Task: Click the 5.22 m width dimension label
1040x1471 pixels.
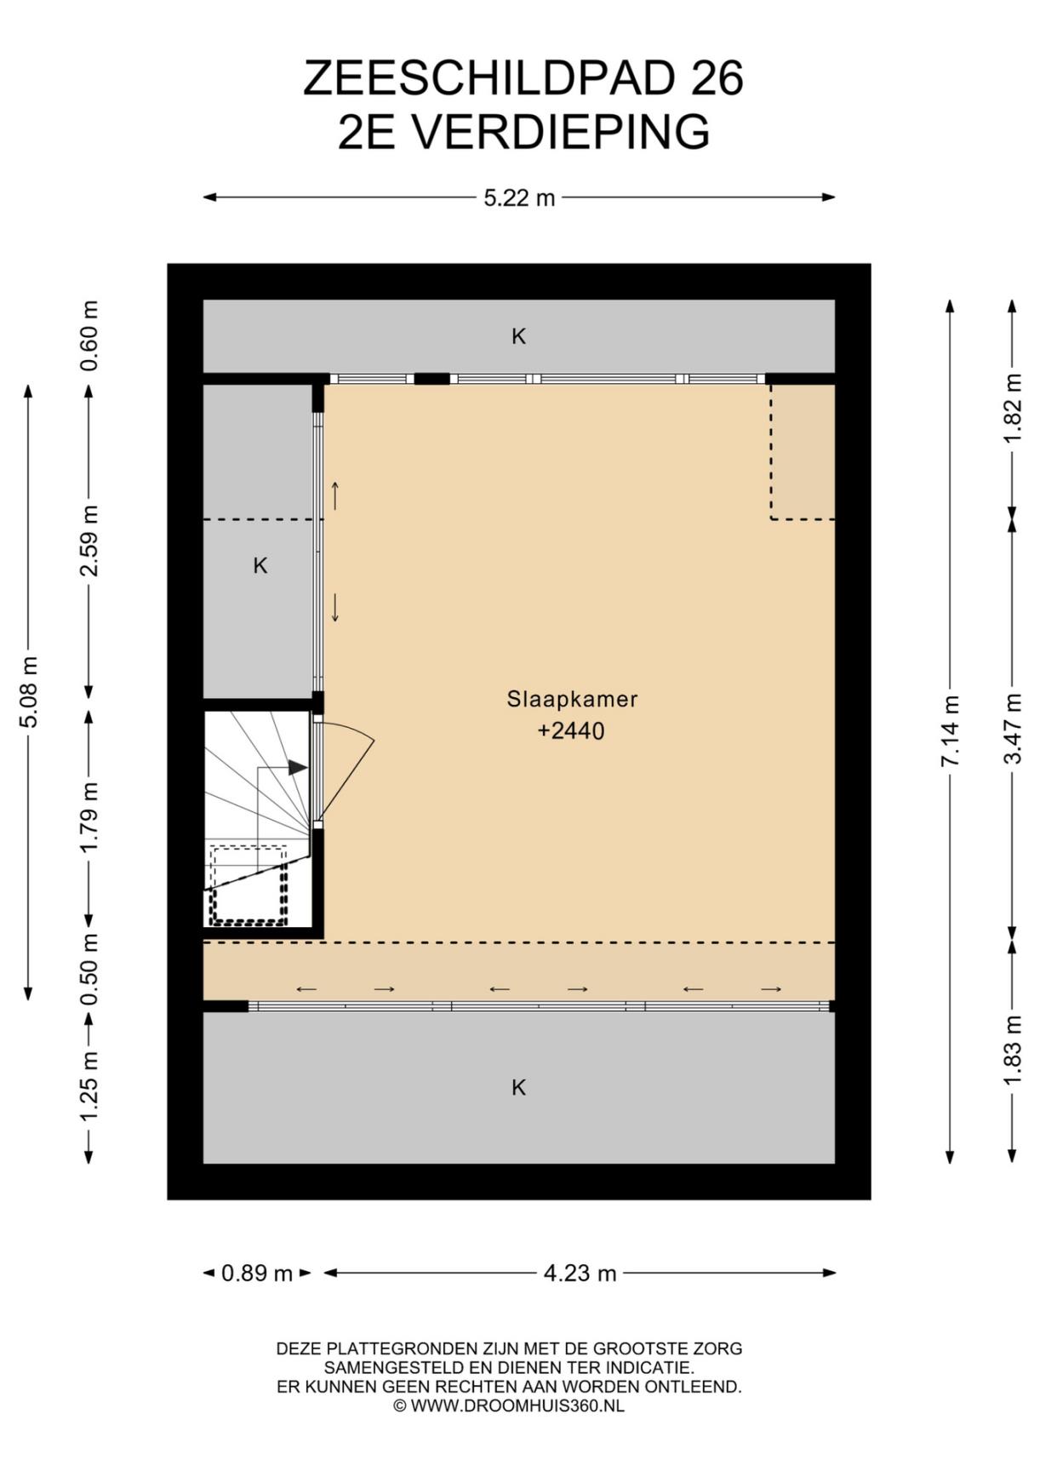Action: click(x=519, y=198)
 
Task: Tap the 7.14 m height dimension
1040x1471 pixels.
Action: click(x=950, y=731)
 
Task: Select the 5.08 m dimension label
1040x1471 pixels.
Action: click(x=28, y=692)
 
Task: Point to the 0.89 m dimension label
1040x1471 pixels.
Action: click(x=257, y=1274)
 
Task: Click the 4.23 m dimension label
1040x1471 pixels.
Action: click(x=580, y=1274)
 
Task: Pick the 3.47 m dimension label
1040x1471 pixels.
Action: click(x=1012, y=729)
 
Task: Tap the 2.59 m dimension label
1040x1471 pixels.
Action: click(x=89, y=541)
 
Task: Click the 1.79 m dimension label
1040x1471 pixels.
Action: click(x=89, y=816)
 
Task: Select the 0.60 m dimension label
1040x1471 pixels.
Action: click(x=89, y=335)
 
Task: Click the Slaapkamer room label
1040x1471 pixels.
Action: click(x=572, y=700)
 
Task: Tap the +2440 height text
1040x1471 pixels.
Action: click(x=571, y=731)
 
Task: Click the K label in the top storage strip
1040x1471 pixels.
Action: click(x=518, y=336)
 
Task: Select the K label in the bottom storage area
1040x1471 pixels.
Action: click(x=518, y=1087)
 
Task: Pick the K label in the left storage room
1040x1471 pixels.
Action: click(x=260, y=565)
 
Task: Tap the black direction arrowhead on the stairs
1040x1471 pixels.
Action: click(x=298, y=768)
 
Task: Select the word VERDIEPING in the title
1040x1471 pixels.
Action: click(x=561, y=133)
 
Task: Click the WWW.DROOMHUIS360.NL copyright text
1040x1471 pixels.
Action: click(x=517, y=1406)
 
